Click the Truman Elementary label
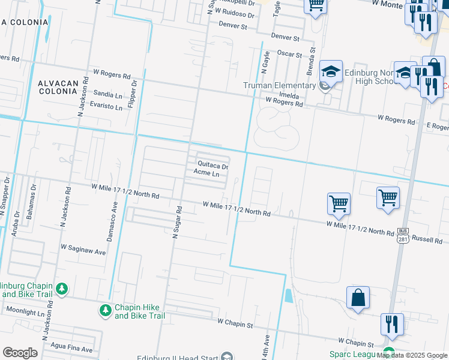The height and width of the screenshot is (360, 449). click(280, 85)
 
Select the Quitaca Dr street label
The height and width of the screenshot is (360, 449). click(213, 166)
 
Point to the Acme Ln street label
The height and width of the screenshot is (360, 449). click(206, 173)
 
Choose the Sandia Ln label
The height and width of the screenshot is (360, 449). click(108, 94)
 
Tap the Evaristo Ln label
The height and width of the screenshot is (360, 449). click(106, 107)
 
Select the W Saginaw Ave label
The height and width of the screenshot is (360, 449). click(83, 247)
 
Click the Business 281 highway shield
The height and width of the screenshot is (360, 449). click(402, 236)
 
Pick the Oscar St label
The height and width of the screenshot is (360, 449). click(289, 54)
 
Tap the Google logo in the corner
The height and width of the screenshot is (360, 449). click(20, 353)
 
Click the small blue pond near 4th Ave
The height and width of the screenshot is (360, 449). click(289, 296)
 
